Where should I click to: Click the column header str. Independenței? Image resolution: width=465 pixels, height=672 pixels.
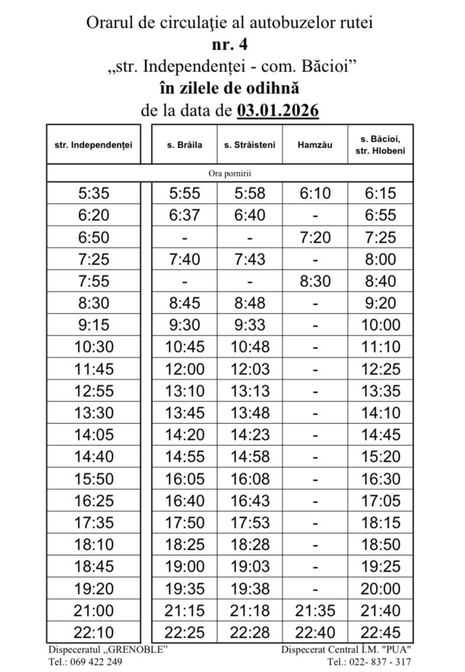93,145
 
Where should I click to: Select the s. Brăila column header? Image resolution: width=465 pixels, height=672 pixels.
185,145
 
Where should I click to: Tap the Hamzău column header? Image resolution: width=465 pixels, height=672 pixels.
315,145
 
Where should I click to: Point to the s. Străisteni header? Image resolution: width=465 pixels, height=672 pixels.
250,145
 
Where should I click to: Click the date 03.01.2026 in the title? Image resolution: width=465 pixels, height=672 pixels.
278,110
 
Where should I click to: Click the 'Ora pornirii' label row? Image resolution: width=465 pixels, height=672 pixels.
230,174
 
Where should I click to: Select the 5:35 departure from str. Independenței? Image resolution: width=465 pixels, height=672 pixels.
93,193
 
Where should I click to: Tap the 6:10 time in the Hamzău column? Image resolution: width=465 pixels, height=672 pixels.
315,193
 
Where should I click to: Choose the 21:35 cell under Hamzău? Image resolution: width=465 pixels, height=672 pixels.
315,611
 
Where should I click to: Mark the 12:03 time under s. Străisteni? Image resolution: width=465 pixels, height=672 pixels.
250,369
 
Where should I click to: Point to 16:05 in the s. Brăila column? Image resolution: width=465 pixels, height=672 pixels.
185,479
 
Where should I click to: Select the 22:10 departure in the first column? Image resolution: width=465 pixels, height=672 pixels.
93,632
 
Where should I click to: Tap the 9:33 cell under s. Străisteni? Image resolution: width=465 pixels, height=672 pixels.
250,325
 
